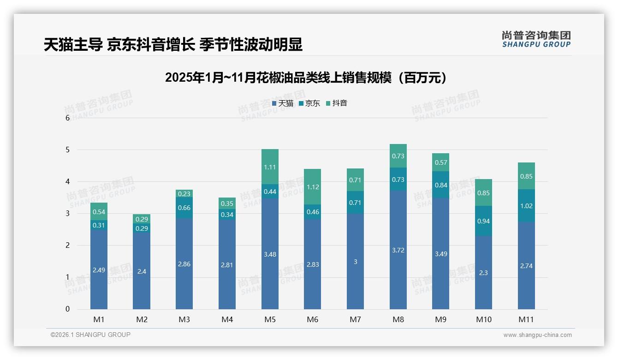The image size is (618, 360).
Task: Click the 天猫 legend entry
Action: point(283,103)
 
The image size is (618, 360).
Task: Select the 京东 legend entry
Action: point(309,103)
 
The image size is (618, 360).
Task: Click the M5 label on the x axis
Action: point(270,319)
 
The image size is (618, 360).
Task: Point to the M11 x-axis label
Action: point(526,319)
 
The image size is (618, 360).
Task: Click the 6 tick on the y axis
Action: point(67,118)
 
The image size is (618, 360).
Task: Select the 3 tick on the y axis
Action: point(67,213)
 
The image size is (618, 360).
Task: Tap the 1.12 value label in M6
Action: point(313,187)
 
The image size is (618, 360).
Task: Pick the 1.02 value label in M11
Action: point(526,206)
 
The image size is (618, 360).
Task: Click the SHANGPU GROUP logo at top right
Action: point(536,39)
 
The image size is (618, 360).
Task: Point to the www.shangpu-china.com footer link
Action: point(537,335)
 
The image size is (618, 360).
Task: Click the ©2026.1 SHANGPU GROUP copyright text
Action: point(90,335)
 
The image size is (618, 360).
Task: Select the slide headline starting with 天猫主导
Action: point(173,45)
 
